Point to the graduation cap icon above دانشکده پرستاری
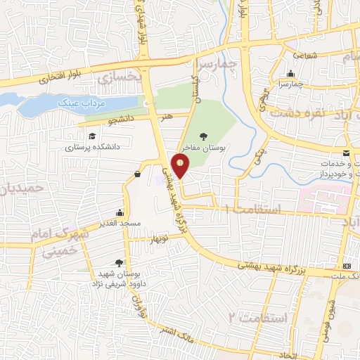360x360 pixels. click(x=91, y=136)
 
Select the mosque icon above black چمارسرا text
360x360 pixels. click(x=290, y=73)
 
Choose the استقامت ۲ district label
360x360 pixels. click(x=264, y=319)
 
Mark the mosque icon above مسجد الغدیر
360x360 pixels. click(x=120, y=212)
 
